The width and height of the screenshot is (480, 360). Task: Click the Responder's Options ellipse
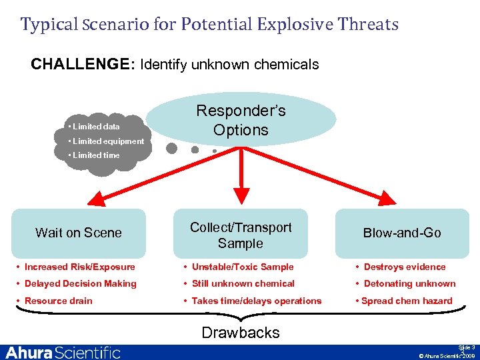pyautogui.click(x=241, y=121)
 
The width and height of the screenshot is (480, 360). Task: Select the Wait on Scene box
pyautogui.click(x=79, y=233)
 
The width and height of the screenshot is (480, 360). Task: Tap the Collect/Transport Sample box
pyautogui.click(x=241, y=235)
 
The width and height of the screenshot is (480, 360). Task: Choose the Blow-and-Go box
pyautogui.click(x=401, y=233)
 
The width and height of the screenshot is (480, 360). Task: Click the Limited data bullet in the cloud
pyautogui.click(x=96, y=127)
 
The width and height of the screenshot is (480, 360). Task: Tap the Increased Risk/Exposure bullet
pyautogui.click(x=79, y=267)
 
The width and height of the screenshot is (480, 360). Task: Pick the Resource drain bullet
pyautogui.click(x=58, y=301)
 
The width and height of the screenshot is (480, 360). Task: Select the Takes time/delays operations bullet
pyautogui.click(x=256, y=301)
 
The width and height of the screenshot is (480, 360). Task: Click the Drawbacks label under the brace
pyautogui.click(x=241, y=332)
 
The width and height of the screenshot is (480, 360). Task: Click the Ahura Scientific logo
pyautogui.click(x=63, y=352)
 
